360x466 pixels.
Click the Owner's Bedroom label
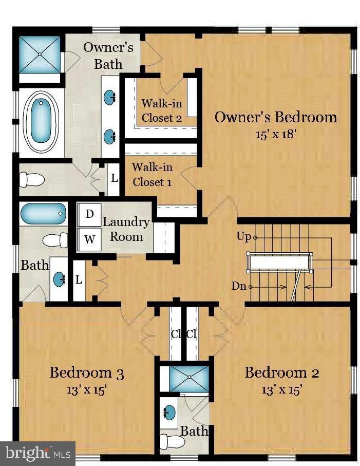pos(276,117)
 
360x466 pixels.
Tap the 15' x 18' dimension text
pos(276,134)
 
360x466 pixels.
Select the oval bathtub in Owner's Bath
pos(41,121)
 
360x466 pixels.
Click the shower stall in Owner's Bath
pos(40,54)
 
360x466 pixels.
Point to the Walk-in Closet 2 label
pos(162,110)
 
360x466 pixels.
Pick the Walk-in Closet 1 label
pos(152,175)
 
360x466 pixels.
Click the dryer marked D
pos(89,215)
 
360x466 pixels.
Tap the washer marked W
pos(89,239)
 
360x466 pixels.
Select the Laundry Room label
pos(126,230)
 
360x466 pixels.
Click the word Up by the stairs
pos(244,237)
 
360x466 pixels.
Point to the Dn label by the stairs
pos(239,286)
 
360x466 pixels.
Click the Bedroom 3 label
pos(86,372)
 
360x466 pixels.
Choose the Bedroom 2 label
pos(282,372)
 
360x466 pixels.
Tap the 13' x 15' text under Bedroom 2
pos(282,389)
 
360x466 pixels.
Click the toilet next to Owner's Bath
pos(32,180)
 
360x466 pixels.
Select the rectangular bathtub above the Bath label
pos(43,214)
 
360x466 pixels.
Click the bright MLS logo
pos(37,453)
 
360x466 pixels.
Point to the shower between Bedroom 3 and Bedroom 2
pos(189,379)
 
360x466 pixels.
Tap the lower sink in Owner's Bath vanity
pos(109,137)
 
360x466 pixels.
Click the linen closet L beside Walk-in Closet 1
pos(114,179)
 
